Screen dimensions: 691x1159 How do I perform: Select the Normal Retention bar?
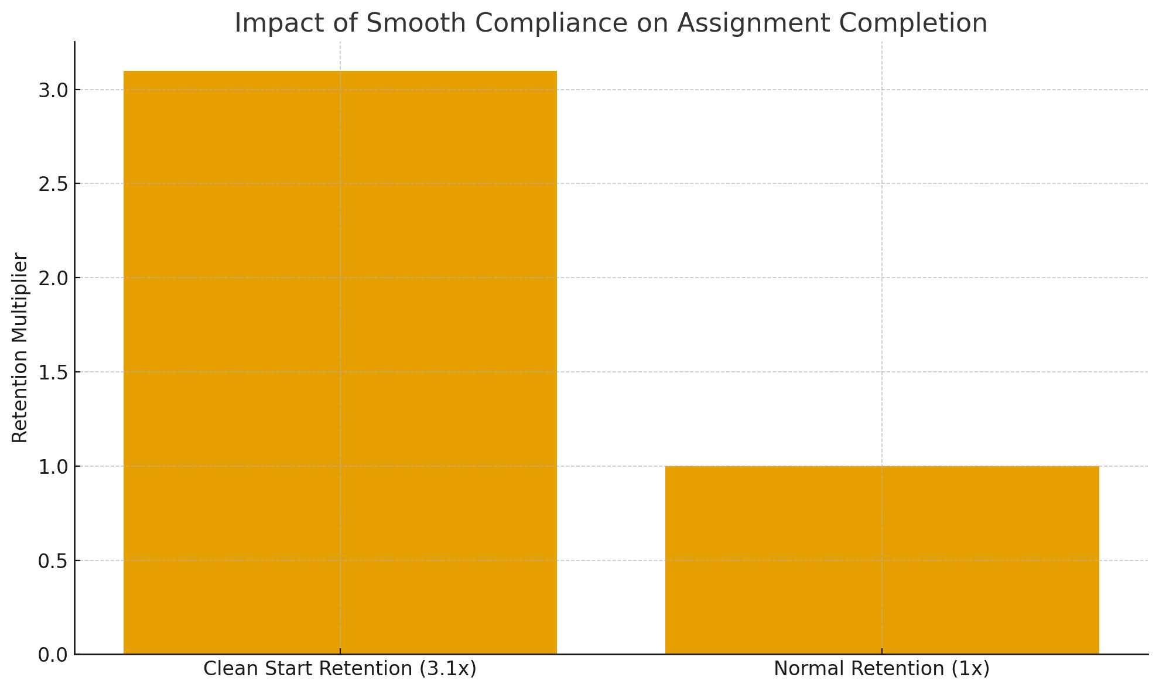[881, 560]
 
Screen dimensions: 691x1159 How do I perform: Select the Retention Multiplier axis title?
[20, 348]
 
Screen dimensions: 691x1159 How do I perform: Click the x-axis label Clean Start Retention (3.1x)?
[340, 669]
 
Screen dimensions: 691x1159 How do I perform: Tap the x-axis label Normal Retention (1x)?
[881, 669]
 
